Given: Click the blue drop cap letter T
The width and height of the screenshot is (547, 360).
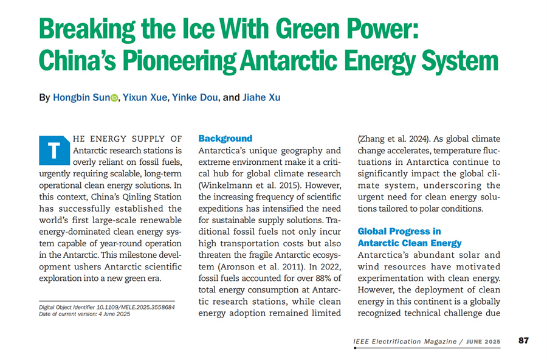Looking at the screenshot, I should tap(53, 150).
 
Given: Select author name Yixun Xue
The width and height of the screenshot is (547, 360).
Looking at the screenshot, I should tap(145, 97).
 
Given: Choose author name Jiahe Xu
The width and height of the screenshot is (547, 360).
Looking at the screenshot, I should tap(262, 97).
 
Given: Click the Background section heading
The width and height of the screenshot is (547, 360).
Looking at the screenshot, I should tap(225, 139).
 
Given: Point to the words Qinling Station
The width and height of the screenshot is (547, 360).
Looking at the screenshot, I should tap(151, 196).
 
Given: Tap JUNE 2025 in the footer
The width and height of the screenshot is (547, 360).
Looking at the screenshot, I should tap(484, 342).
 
